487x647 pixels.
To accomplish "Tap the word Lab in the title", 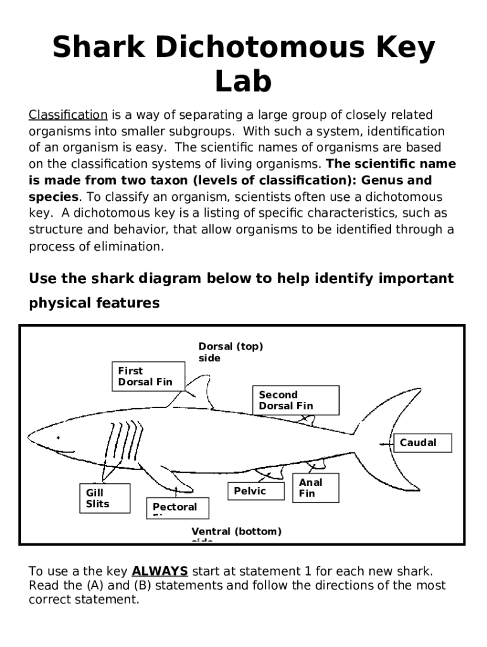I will click(x=244, y=82).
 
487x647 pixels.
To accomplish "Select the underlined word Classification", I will click(x=68, y=115).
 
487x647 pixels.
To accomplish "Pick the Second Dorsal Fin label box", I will click(x=295, y=400).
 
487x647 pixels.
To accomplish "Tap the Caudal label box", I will click(x=423, y=443).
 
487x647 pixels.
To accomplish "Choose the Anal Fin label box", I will click(x=315, y=488).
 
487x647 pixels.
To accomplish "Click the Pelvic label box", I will click(x=256, y=491).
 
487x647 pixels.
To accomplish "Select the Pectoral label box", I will click(x=180, y=507).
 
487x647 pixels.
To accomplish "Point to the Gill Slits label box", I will click(x=104, y=498).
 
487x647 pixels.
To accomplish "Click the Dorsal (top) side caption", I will click(x=230, y=352).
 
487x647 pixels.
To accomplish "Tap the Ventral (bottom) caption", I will click(x=237, y=532).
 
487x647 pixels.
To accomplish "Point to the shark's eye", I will click(x=58, y=437).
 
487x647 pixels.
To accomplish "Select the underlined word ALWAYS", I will click(x=159, y=571).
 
